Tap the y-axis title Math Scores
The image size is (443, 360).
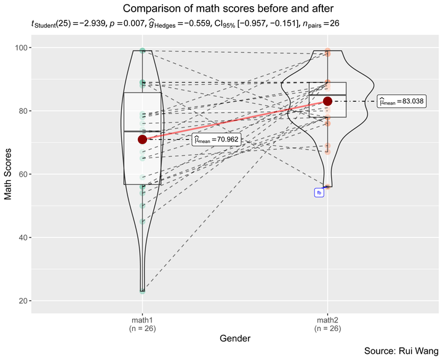pyautogui.click(x=9, y=174)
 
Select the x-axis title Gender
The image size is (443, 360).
pyautogui.click(x=235, y=338)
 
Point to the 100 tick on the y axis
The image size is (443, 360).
pyautogui.click(x=21, y=48)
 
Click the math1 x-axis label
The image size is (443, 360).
pyautogui.click(x=142, y=321)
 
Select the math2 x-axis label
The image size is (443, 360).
pyautogui.click(x=327, y=321)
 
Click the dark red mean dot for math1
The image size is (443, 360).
pyautogui.click(x=142, y=140)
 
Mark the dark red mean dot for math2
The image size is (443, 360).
pyautogui.click(x=327, y=101)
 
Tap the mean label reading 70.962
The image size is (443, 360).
pyautogui.click(x=216, y=140)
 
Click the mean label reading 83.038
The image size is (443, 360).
pyautogui.click(x=401, y=102)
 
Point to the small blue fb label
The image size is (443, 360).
pyautogui.click(x=319, y=193)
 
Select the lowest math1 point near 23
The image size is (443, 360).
pyautogui.click(x=142, y=291)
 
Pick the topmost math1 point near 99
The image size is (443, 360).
pyautogui.click(x=142, y=51)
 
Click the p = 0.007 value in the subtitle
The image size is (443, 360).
pyautogui.click(x=124, y=24)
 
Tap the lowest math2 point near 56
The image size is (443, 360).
pyautogui.click(x=327, y=186)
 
